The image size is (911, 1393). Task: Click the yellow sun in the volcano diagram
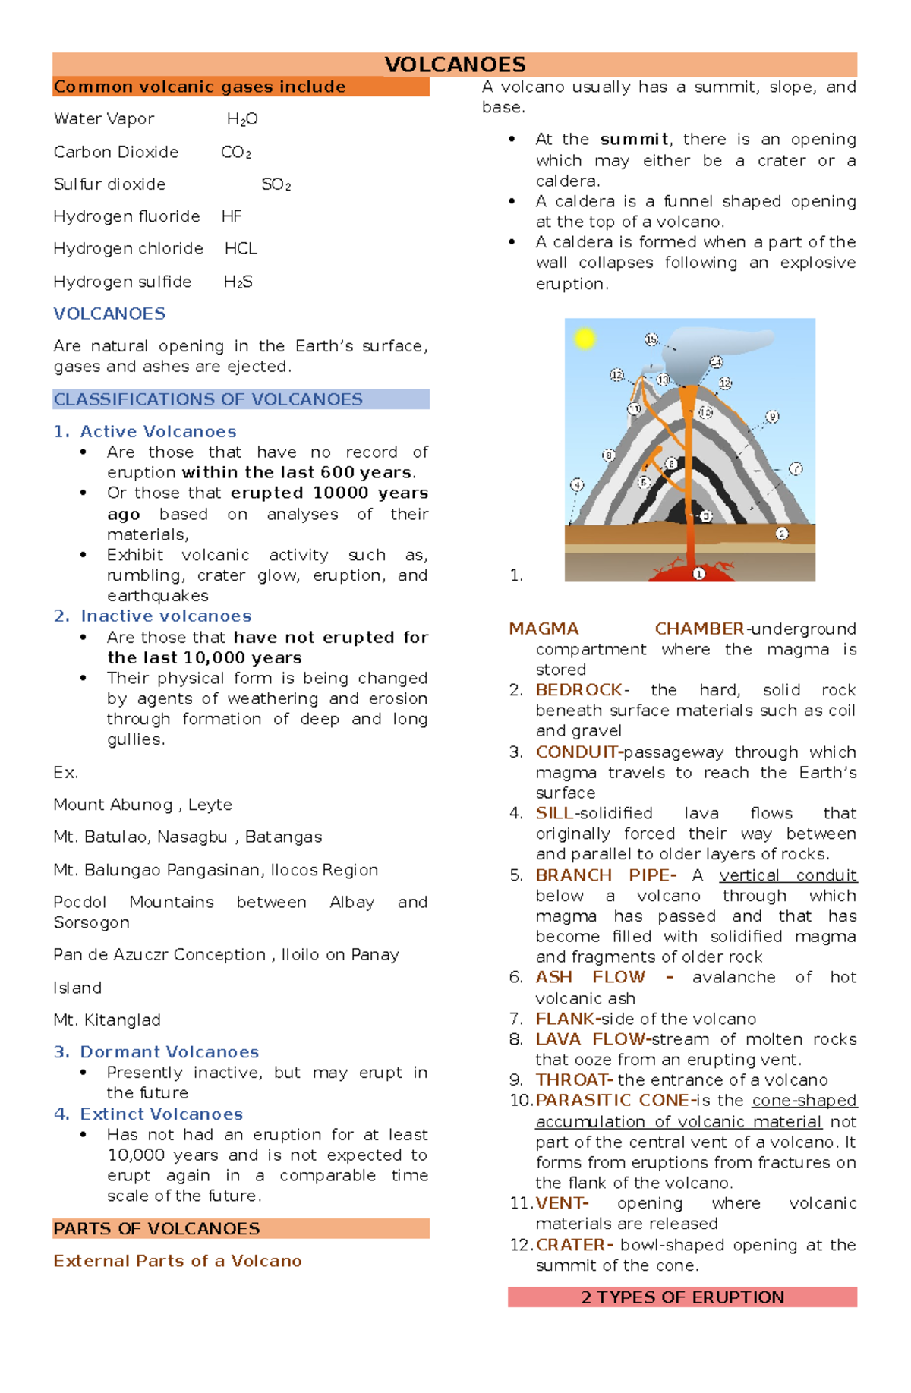pyautogui.click(x=585, y=338)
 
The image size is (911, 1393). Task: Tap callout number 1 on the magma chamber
pyautogui.click(x=699, y=574)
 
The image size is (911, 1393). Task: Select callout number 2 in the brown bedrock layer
pyautogui.click(x=782, y=534)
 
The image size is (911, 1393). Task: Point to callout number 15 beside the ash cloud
pyautogui.click(x=651, y=339)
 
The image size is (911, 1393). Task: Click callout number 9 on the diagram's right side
pyautogui.click(x=772, y=416)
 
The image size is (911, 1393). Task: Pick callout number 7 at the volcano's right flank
pyautogui.click(x=795, y=468)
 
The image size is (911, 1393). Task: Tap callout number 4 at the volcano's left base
pyautogui.click(x=577, y=484)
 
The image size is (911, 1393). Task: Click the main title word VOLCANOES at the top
pyautogui.click(x=455, y=65)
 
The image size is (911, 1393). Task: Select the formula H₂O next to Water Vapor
pyautogui.click(x=242, y=119)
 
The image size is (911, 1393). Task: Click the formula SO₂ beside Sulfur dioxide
pyautogui.click(x=276, y=184)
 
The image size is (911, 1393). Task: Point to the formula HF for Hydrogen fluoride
pyautogui.click(x=232, y=216)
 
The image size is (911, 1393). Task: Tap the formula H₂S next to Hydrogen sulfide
pyautogui.click(x=238, y=282)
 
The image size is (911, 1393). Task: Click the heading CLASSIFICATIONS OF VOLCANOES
pyautogui.click(x=208, y=399)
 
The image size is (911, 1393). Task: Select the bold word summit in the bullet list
pyautogui.click(x=634, y=140)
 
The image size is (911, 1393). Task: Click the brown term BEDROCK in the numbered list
pyautogui.click(x=578, y=690)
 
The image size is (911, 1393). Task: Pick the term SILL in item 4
pyautogui.click(x=554, y=813)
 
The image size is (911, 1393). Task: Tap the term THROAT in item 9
pyautogui.click(x=573, y=1079)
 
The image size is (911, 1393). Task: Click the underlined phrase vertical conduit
pyautogui.click(x=788, y=875)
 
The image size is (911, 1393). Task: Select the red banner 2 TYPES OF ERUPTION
pyautogui.click(x=682, y=1297)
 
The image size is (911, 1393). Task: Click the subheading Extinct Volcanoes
pyautogui.click(x=161, y=1114)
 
